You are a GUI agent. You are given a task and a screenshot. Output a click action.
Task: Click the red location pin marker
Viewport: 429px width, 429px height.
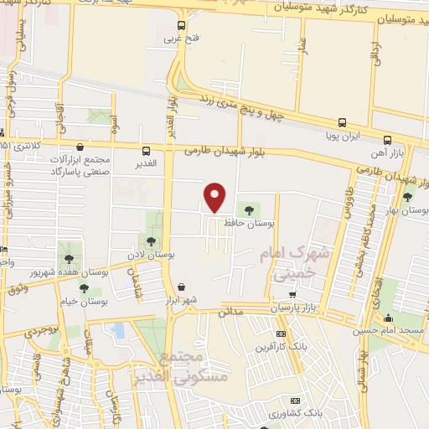(215, 197)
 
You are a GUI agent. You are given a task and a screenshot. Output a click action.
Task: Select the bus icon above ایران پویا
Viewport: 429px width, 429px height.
(342, 122)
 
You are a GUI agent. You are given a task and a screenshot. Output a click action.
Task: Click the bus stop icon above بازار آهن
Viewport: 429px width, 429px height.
(386, 141)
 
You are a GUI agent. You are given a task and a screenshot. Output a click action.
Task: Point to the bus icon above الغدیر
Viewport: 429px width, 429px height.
(147, 152)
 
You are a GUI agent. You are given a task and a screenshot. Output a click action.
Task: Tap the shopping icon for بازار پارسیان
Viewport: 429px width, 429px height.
(292, 295)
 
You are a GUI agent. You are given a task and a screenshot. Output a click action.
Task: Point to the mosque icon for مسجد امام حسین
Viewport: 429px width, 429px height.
(387, 318)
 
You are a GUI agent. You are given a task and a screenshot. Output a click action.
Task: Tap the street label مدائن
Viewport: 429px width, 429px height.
(230, 310)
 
